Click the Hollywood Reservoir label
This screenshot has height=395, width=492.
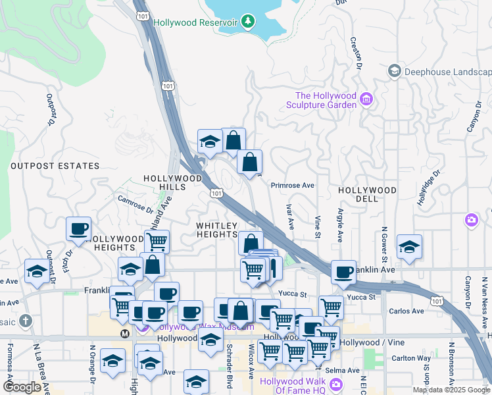coord(195,22)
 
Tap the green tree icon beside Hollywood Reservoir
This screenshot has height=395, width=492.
coord(247,22)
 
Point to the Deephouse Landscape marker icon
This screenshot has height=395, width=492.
coord(394,71)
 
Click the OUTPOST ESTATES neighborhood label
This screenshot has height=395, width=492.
coord(55,166)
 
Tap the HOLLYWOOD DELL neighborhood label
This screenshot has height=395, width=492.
coord(367,194)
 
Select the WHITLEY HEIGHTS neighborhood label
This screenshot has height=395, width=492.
coord(216,230)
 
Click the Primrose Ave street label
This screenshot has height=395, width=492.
coord(292,186)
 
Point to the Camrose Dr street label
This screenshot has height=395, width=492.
coord(135,204)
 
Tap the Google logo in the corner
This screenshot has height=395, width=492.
coord(22,387)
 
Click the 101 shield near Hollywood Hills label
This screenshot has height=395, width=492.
coord(216,193)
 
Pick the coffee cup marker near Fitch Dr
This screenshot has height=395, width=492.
coord(78,229)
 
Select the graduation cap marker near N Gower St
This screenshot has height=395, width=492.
coord(409,247)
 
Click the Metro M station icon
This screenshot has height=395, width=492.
coord(125,334)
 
